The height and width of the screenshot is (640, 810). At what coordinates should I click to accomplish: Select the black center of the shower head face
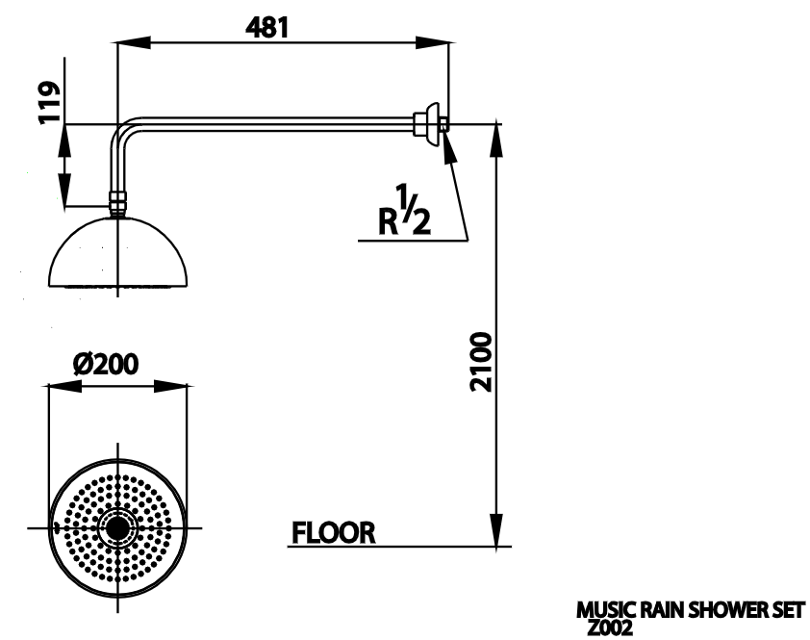click(x=117, y=528)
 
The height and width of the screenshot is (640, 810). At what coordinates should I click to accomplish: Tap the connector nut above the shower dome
click(x=117, y=203)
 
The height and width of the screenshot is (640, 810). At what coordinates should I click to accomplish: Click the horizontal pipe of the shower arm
click(x=269, y=122)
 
